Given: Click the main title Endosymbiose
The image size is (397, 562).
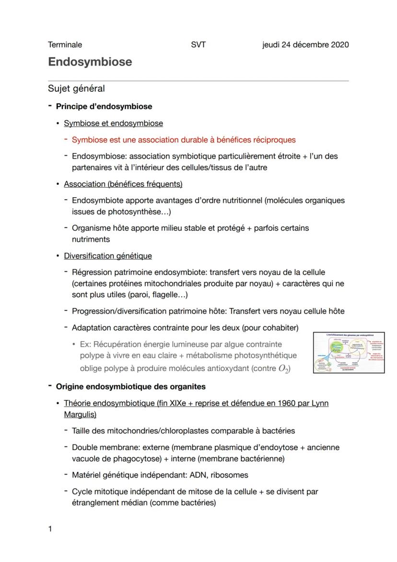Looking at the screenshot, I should (x=90, y=62).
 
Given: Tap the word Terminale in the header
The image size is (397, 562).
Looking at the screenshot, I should (x=65, y=45).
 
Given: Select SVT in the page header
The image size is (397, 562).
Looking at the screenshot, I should (x=198, y=45).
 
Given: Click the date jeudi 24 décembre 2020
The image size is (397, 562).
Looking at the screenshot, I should (x=305, y=45).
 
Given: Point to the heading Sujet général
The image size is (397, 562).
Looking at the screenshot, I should (x=76, y=88).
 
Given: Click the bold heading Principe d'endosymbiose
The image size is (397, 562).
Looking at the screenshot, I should (x=104, y=106).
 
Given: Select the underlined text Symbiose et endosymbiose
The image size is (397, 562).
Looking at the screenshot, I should (x=113, y=123).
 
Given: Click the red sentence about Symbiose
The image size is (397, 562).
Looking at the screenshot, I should (x=184, y=140).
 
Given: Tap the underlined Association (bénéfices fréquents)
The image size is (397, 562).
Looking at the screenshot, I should (x=123, y=184).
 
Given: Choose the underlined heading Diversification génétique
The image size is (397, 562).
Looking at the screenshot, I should (x=108, y=256).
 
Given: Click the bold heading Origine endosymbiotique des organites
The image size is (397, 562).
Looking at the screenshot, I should (x=130, y=386).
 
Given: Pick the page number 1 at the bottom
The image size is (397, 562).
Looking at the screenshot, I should (x=50, y=529).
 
